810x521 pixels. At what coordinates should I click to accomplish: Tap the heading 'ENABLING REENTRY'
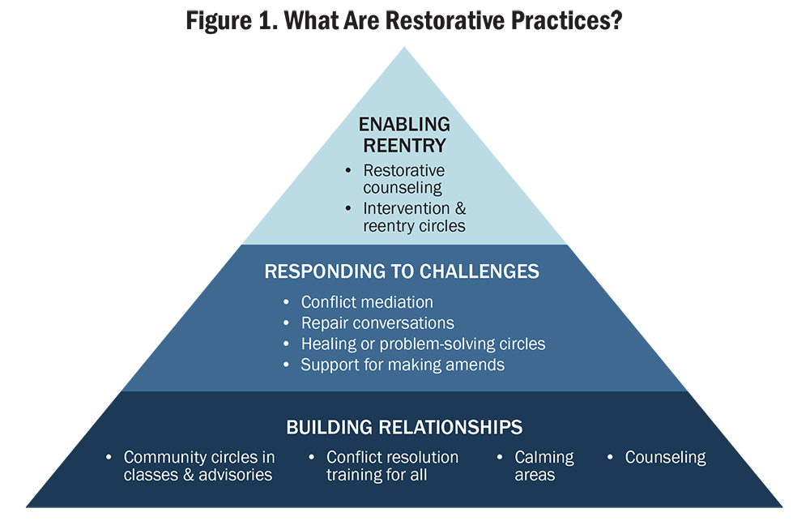[x=404, y=135]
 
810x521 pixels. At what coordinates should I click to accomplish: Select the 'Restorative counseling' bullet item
[x=403, y=179]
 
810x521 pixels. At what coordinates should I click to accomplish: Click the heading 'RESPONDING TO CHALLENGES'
[x=402, y=271]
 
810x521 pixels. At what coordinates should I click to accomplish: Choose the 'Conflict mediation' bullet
[x=367, y=302]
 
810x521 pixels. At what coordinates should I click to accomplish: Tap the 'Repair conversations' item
[x=377, y=322]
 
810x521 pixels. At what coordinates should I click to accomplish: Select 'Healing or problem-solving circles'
[x=423, y=344]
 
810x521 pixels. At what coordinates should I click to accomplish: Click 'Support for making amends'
[x=403, y=365]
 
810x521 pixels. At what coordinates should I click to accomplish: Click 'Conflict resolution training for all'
[x=392, y=466]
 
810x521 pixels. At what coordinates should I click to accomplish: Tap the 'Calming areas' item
[x=544, y=466]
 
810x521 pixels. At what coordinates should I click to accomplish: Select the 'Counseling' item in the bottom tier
[x=665, y=458]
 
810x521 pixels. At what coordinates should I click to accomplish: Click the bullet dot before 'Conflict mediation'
[x=286, y=302]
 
